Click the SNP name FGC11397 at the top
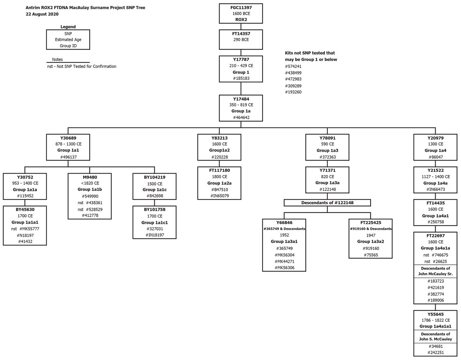click(x=241, y=7)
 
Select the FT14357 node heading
click(x=241, y=34)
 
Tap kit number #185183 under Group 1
click(x=241, y=78)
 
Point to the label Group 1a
click(x=241, y=111)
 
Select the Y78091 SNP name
click(x=327, y=138)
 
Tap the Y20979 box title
click(x=435, y=138)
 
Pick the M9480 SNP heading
click(x=89, y=177)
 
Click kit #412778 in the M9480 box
click(x=89, y=216)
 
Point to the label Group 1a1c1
click(x=155, y=223)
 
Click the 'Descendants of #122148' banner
click(x=327, y=203)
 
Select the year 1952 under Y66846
click(x=284, y=235)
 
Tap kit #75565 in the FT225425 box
click(x=370, y=255)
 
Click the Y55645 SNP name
click(x=435, y=314)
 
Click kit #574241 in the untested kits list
click(x=293, y=66)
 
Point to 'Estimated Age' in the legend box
click(x=68, y=39)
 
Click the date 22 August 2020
click(x=42, y=14)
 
